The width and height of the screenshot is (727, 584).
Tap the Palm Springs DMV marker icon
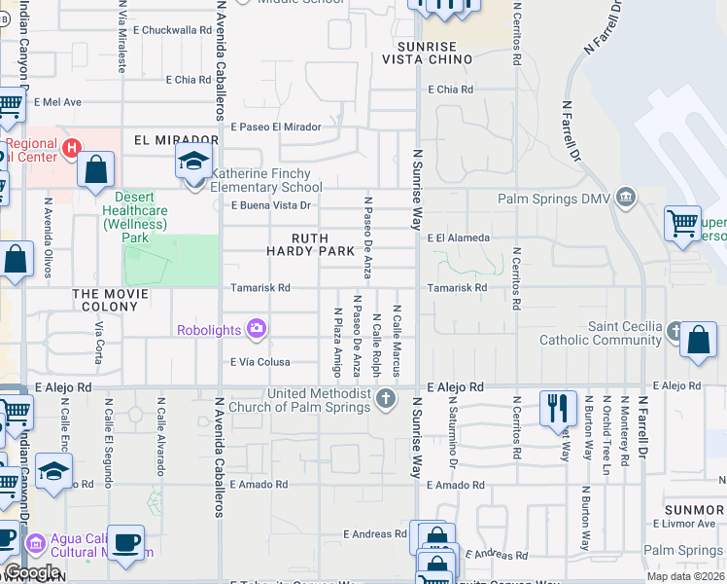coord(626,199)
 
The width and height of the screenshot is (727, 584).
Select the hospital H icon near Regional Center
coord(70,148)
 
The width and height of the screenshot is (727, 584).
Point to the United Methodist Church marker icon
coord(386,398)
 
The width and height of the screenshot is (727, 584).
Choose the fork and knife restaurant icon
coord(558,409)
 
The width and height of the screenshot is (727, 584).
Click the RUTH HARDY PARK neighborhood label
coord(311,244)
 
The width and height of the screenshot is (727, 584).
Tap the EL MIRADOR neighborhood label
coord(176,140)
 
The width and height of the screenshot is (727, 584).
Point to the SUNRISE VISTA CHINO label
coord(433,53)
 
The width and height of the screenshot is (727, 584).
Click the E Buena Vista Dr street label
coord(270,205)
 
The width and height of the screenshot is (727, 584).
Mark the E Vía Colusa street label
coord(260,362)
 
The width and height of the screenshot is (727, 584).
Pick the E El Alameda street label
coord(457,237)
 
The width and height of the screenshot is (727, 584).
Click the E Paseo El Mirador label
coord(275,127)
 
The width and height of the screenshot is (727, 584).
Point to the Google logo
coord(32,573)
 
